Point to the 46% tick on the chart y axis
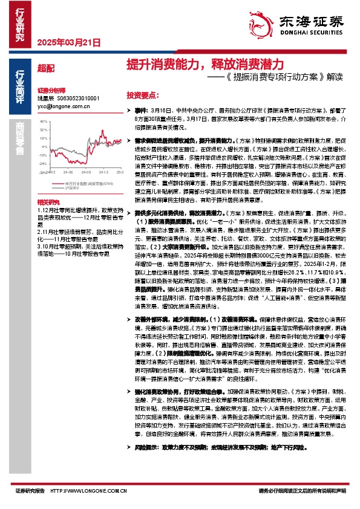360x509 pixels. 43,121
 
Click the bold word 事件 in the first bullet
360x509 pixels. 140,112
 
